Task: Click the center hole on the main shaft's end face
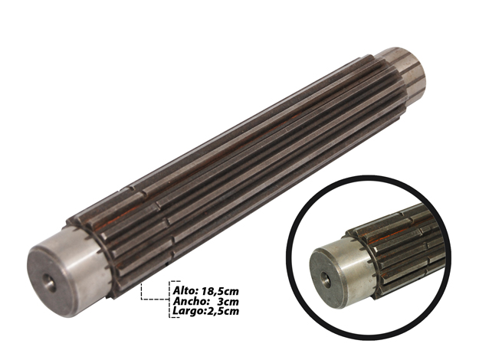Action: click(x=49, y=283)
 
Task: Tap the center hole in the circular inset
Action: click(x=325, y=279)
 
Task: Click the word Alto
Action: click(x=182, y=290)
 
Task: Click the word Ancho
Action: click(x=187, y=301)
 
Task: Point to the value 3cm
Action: click(x=228, y=301)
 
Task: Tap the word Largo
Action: click(x=186, y=311)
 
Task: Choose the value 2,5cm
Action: click(x=221, y=311)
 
